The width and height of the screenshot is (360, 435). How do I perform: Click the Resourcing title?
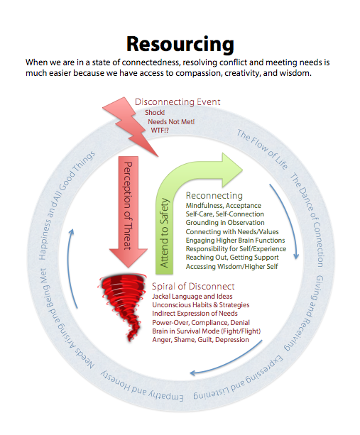(180, 45)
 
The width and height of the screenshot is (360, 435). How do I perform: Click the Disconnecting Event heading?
(178, 102)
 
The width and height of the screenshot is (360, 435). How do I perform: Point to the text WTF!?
(160, 131)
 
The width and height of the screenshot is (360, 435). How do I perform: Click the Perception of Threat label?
(128, 206)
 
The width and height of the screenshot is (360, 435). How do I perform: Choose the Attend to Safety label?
(164, 233)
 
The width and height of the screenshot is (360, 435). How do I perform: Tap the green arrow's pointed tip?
(243, 170)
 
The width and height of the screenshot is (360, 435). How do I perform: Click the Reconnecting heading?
(214, 196)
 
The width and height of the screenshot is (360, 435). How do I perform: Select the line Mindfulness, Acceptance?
(224, 206)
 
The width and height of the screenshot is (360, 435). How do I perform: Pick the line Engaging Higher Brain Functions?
(235, 241)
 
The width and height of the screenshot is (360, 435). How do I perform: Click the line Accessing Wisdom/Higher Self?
(231, 267)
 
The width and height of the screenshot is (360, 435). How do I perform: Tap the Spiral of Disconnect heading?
(193, 287)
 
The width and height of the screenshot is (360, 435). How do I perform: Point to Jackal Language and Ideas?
(192, 297)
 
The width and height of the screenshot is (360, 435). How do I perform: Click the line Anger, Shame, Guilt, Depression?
(200, 340)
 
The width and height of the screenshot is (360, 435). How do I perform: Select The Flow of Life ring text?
(262, 149)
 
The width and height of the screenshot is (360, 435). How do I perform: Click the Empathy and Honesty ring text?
(141, 386)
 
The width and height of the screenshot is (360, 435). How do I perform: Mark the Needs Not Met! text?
(171, 122)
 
